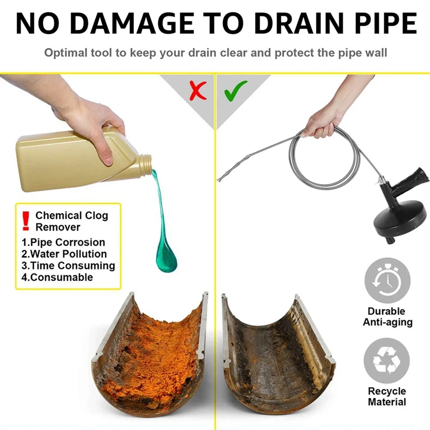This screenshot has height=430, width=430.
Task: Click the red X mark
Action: click(198, 91)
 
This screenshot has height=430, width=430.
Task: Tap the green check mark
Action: click(235, 90)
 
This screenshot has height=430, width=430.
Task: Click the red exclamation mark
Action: click(26, 221)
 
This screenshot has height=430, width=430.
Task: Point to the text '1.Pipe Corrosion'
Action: click(63, 242)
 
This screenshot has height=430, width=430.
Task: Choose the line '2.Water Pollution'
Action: click(64, 254)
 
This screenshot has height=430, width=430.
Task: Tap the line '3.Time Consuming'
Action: click(68, 266)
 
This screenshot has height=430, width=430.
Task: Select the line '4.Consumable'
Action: click(58, 277)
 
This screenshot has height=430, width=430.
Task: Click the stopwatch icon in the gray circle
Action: click(387, 281)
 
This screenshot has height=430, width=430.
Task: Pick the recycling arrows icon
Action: click(386, 360)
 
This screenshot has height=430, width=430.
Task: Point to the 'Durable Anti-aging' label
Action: click(388, 317)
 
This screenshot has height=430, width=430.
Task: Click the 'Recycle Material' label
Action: click(387, 397)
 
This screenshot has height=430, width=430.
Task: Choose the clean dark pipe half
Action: click(278, 354)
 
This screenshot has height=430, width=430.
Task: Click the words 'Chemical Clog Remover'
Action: click(71, 221)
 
